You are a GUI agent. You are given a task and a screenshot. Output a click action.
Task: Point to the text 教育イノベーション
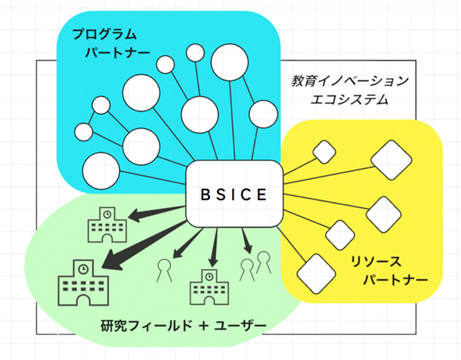click(351, 80)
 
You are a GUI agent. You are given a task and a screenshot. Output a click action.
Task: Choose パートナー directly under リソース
click(394, 280)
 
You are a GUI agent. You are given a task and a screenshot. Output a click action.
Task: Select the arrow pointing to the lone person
click(179, 245)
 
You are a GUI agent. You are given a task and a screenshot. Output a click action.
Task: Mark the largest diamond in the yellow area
click(387, 158)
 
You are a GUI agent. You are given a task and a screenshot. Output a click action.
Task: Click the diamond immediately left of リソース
click(315, 269)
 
